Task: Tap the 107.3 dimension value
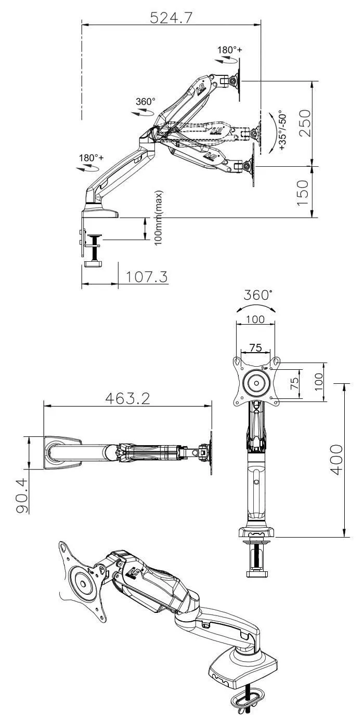(147, 277)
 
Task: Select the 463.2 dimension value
(128, 399)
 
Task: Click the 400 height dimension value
(336, 460)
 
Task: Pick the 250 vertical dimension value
(305, 123)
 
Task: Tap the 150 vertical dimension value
(303, 193)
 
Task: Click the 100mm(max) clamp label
(158, 218)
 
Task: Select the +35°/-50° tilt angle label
(282, 130)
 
